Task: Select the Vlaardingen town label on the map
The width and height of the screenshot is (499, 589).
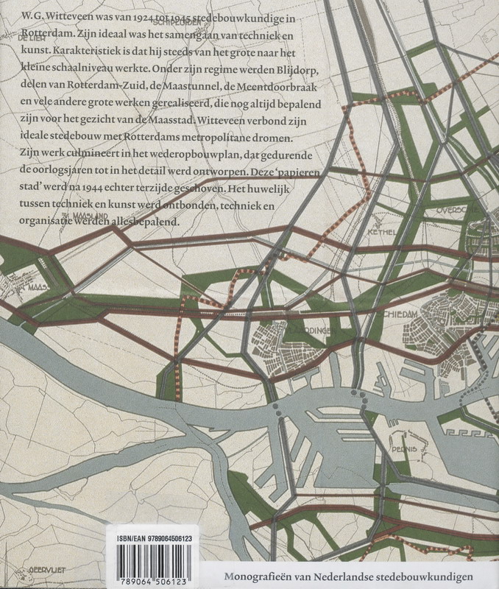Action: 303,331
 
